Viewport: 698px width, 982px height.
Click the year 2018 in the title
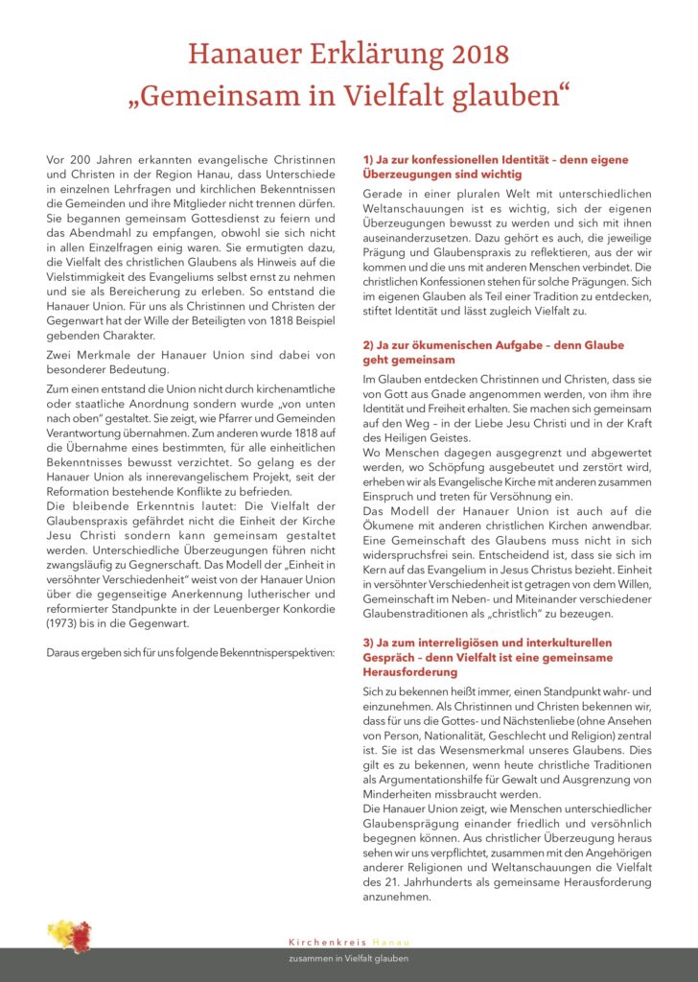[x=470, y=53]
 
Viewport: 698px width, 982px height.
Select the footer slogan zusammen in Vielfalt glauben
[x=348, y=959]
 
